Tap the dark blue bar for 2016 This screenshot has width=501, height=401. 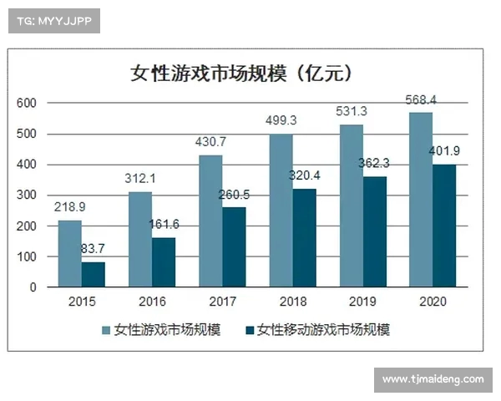coord(164,262)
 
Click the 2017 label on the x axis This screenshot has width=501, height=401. coord(222,302)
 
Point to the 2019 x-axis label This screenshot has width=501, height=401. coord(363,302)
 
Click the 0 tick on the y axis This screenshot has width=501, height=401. coord(33,287)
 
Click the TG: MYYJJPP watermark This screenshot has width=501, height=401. coord(53,21)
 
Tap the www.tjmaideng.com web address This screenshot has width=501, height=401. coord(433,379)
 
